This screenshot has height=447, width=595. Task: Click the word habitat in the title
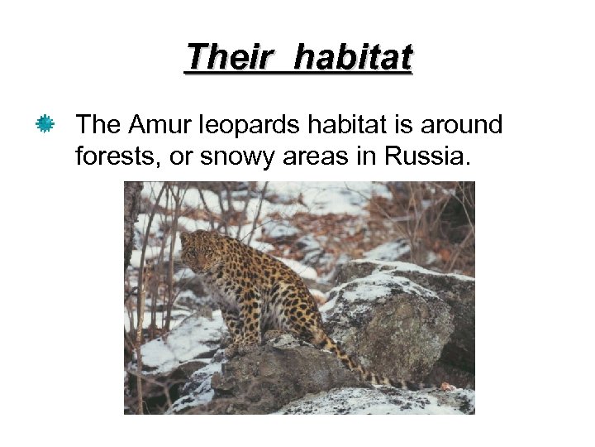[x=353, y=58]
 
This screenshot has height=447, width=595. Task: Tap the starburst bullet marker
[x=45, y=125]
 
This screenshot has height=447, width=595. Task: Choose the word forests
[x=115, y=156]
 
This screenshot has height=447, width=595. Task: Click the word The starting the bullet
[x=98, y=125]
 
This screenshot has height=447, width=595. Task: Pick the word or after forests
[x=179, y=157]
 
